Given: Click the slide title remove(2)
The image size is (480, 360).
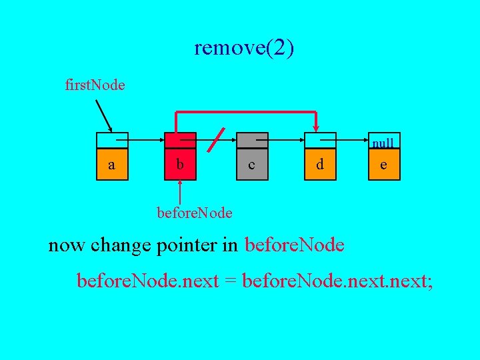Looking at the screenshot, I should (x=244, y=48).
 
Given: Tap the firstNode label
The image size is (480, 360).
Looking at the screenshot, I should (x=95, y=85).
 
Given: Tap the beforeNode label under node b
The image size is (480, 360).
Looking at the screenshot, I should (x=194, y=213).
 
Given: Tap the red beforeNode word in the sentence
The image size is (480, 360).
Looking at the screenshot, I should (x=295, y=245).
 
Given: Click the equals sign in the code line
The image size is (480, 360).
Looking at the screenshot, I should (x=231, y=281).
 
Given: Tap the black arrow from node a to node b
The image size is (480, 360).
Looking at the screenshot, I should (x=146, y=141).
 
